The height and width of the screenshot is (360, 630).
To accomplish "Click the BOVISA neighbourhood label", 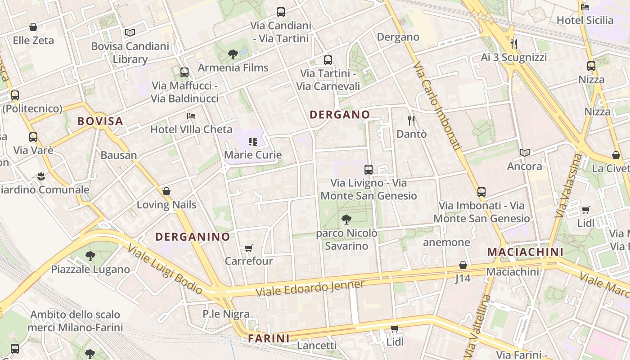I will (100, 121).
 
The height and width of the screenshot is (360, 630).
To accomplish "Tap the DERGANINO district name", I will (193, 237).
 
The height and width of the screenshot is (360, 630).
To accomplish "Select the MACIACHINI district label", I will (526, 252).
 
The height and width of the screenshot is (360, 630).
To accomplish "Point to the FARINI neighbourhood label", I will (269, 338).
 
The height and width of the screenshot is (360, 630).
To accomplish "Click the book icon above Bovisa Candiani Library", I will (130, 33).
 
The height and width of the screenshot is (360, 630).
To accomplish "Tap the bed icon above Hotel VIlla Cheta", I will (191, 116).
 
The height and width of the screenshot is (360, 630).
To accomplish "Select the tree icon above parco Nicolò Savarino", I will (346, 220).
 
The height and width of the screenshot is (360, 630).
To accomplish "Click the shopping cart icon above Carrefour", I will (249, 248).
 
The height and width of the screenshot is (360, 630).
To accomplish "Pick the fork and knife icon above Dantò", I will (411, 121).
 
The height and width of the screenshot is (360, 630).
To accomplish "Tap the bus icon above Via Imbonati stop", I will (481, 192).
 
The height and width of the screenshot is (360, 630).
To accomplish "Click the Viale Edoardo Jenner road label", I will (310, 288).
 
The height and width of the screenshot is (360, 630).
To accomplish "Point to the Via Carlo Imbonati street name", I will (436, 106).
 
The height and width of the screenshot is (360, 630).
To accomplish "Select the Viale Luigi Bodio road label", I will (165, 269).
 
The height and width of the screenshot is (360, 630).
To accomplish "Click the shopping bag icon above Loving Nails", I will (166, 191).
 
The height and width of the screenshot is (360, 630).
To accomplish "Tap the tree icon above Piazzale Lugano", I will (90, 256).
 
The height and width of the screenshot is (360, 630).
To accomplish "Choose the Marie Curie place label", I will (253, 155).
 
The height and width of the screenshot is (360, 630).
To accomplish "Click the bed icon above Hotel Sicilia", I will (585, 7).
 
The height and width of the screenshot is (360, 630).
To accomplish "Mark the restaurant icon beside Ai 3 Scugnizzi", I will (514, 44).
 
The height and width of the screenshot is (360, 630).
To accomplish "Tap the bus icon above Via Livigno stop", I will (369, 170).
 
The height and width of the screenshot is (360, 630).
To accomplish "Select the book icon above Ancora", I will (525, 153).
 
